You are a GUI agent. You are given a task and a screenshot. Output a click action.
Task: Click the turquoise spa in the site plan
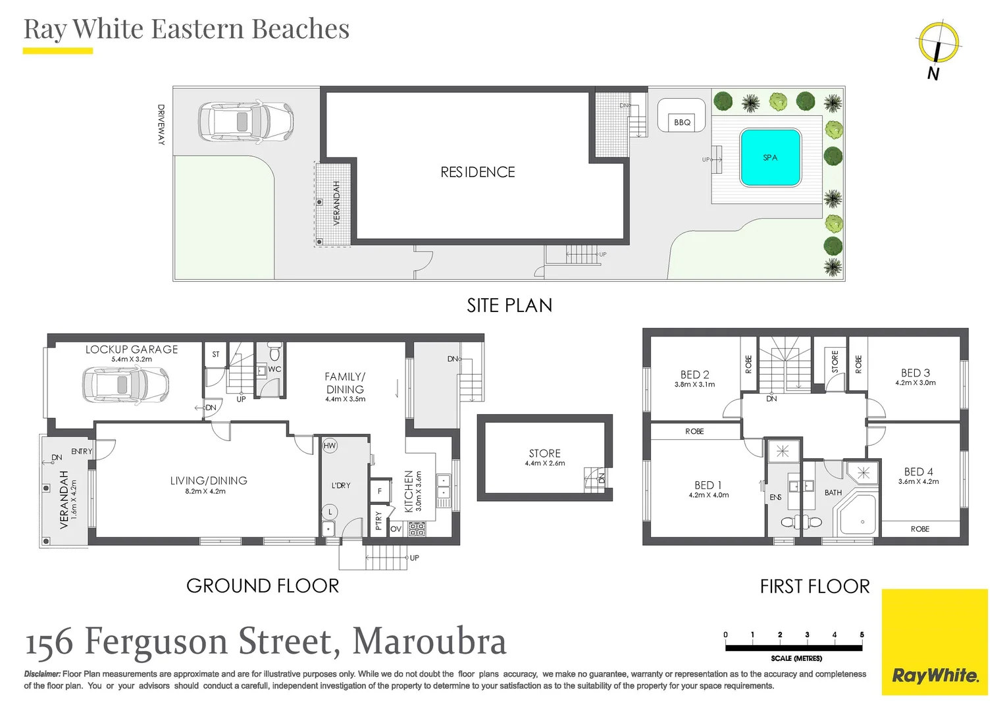[x=770, y=157]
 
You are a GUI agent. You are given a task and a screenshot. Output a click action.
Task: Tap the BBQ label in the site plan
[x=682, y=122]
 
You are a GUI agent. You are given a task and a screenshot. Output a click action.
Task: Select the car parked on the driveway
[x=246, y=122]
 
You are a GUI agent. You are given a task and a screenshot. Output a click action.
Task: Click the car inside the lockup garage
[x=126, y=384]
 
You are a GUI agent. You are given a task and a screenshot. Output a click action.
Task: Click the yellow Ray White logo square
[x=935, y=642]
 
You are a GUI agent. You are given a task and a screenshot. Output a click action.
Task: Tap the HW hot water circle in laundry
[x=330, y=446]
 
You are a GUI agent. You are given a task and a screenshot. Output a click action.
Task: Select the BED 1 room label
[x=708, y=485]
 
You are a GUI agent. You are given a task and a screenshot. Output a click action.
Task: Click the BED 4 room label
[x=918, y=472]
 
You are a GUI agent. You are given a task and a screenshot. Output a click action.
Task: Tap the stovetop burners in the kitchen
[x=417, y=529]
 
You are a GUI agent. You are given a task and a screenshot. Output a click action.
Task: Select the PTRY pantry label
[x=378, y=521]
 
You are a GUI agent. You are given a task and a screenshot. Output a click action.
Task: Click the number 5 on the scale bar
[x=862, y=635]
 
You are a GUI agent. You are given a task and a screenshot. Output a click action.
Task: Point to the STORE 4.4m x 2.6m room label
[x=545, y=457]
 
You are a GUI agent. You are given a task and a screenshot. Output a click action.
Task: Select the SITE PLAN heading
[x=509, y=305]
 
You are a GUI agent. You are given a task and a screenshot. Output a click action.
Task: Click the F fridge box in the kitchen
[x=380, y=491]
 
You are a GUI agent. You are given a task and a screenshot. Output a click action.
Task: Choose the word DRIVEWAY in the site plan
[x=161, y=125]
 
